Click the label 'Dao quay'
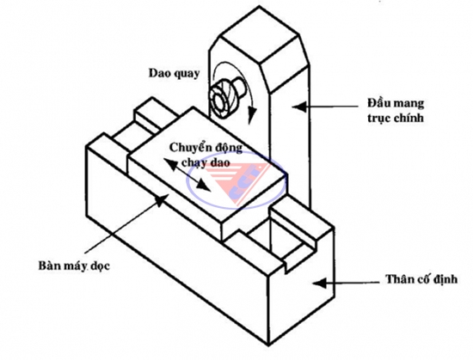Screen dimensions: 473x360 [x=174, y=74]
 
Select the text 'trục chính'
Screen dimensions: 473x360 [x=396, y=118]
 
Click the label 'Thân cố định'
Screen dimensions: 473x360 [x=421, y=279]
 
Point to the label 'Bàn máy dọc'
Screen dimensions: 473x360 [x=74, y=266]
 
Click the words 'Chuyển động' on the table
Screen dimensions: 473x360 [x=206, y=148]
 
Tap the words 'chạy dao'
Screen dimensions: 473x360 [x=206, y=162]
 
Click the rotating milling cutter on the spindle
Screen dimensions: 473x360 [x=225, y=98]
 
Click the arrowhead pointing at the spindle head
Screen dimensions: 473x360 [x=298, y=107]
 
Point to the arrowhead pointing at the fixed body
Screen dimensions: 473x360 [x=319, y=283]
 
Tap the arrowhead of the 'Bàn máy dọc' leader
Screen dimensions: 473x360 [x=162, y=199]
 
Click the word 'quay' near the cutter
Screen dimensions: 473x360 [x=187, y=74]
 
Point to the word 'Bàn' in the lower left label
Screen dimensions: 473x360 [x=47, y=265]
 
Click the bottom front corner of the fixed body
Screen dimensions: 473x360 [x=268, y=345]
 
